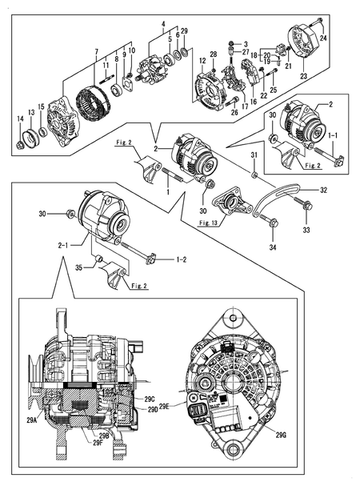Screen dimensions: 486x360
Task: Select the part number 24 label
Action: tap(324, 38)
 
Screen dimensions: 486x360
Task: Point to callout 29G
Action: tap(280, 435)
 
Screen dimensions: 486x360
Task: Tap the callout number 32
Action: tap(324, 191)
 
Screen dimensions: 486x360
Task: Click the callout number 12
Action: tap(202, 61)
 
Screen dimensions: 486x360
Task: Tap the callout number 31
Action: tap(254, 155)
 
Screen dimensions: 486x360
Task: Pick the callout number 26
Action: tap(212, 114)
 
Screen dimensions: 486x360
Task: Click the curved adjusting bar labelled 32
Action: tap(280, 195)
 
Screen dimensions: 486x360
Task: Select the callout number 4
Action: tap(163, 23)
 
